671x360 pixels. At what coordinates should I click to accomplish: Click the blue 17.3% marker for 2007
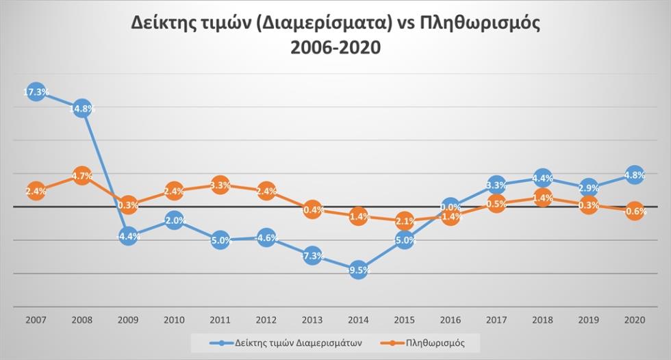click(x=36, y=92)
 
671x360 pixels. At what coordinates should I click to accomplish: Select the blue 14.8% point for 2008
click(x=82, y=108)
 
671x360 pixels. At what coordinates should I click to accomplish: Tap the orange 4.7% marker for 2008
click(x=82, y=176)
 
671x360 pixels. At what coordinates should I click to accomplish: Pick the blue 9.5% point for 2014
click(x=359, y=270)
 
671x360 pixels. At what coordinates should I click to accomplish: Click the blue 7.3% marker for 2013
click(x=312, y=255)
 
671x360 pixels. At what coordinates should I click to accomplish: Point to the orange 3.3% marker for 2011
click(x=220, y=185)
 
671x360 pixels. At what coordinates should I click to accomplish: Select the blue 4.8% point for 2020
click(x=635, y=175)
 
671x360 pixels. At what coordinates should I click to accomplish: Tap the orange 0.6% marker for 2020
click(x=635, y=211)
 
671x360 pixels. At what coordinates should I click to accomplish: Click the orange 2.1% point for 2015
click(x=405, y=221)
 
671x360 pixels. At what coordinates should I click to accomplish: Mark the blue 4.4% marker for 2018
click(x=542, y=179)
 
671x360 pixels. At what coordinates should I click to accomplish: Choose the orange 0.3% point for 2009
click(x=128, y=205)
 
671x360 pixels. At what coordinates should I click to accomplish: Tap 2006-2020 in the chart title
click(x=335, y=49)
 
